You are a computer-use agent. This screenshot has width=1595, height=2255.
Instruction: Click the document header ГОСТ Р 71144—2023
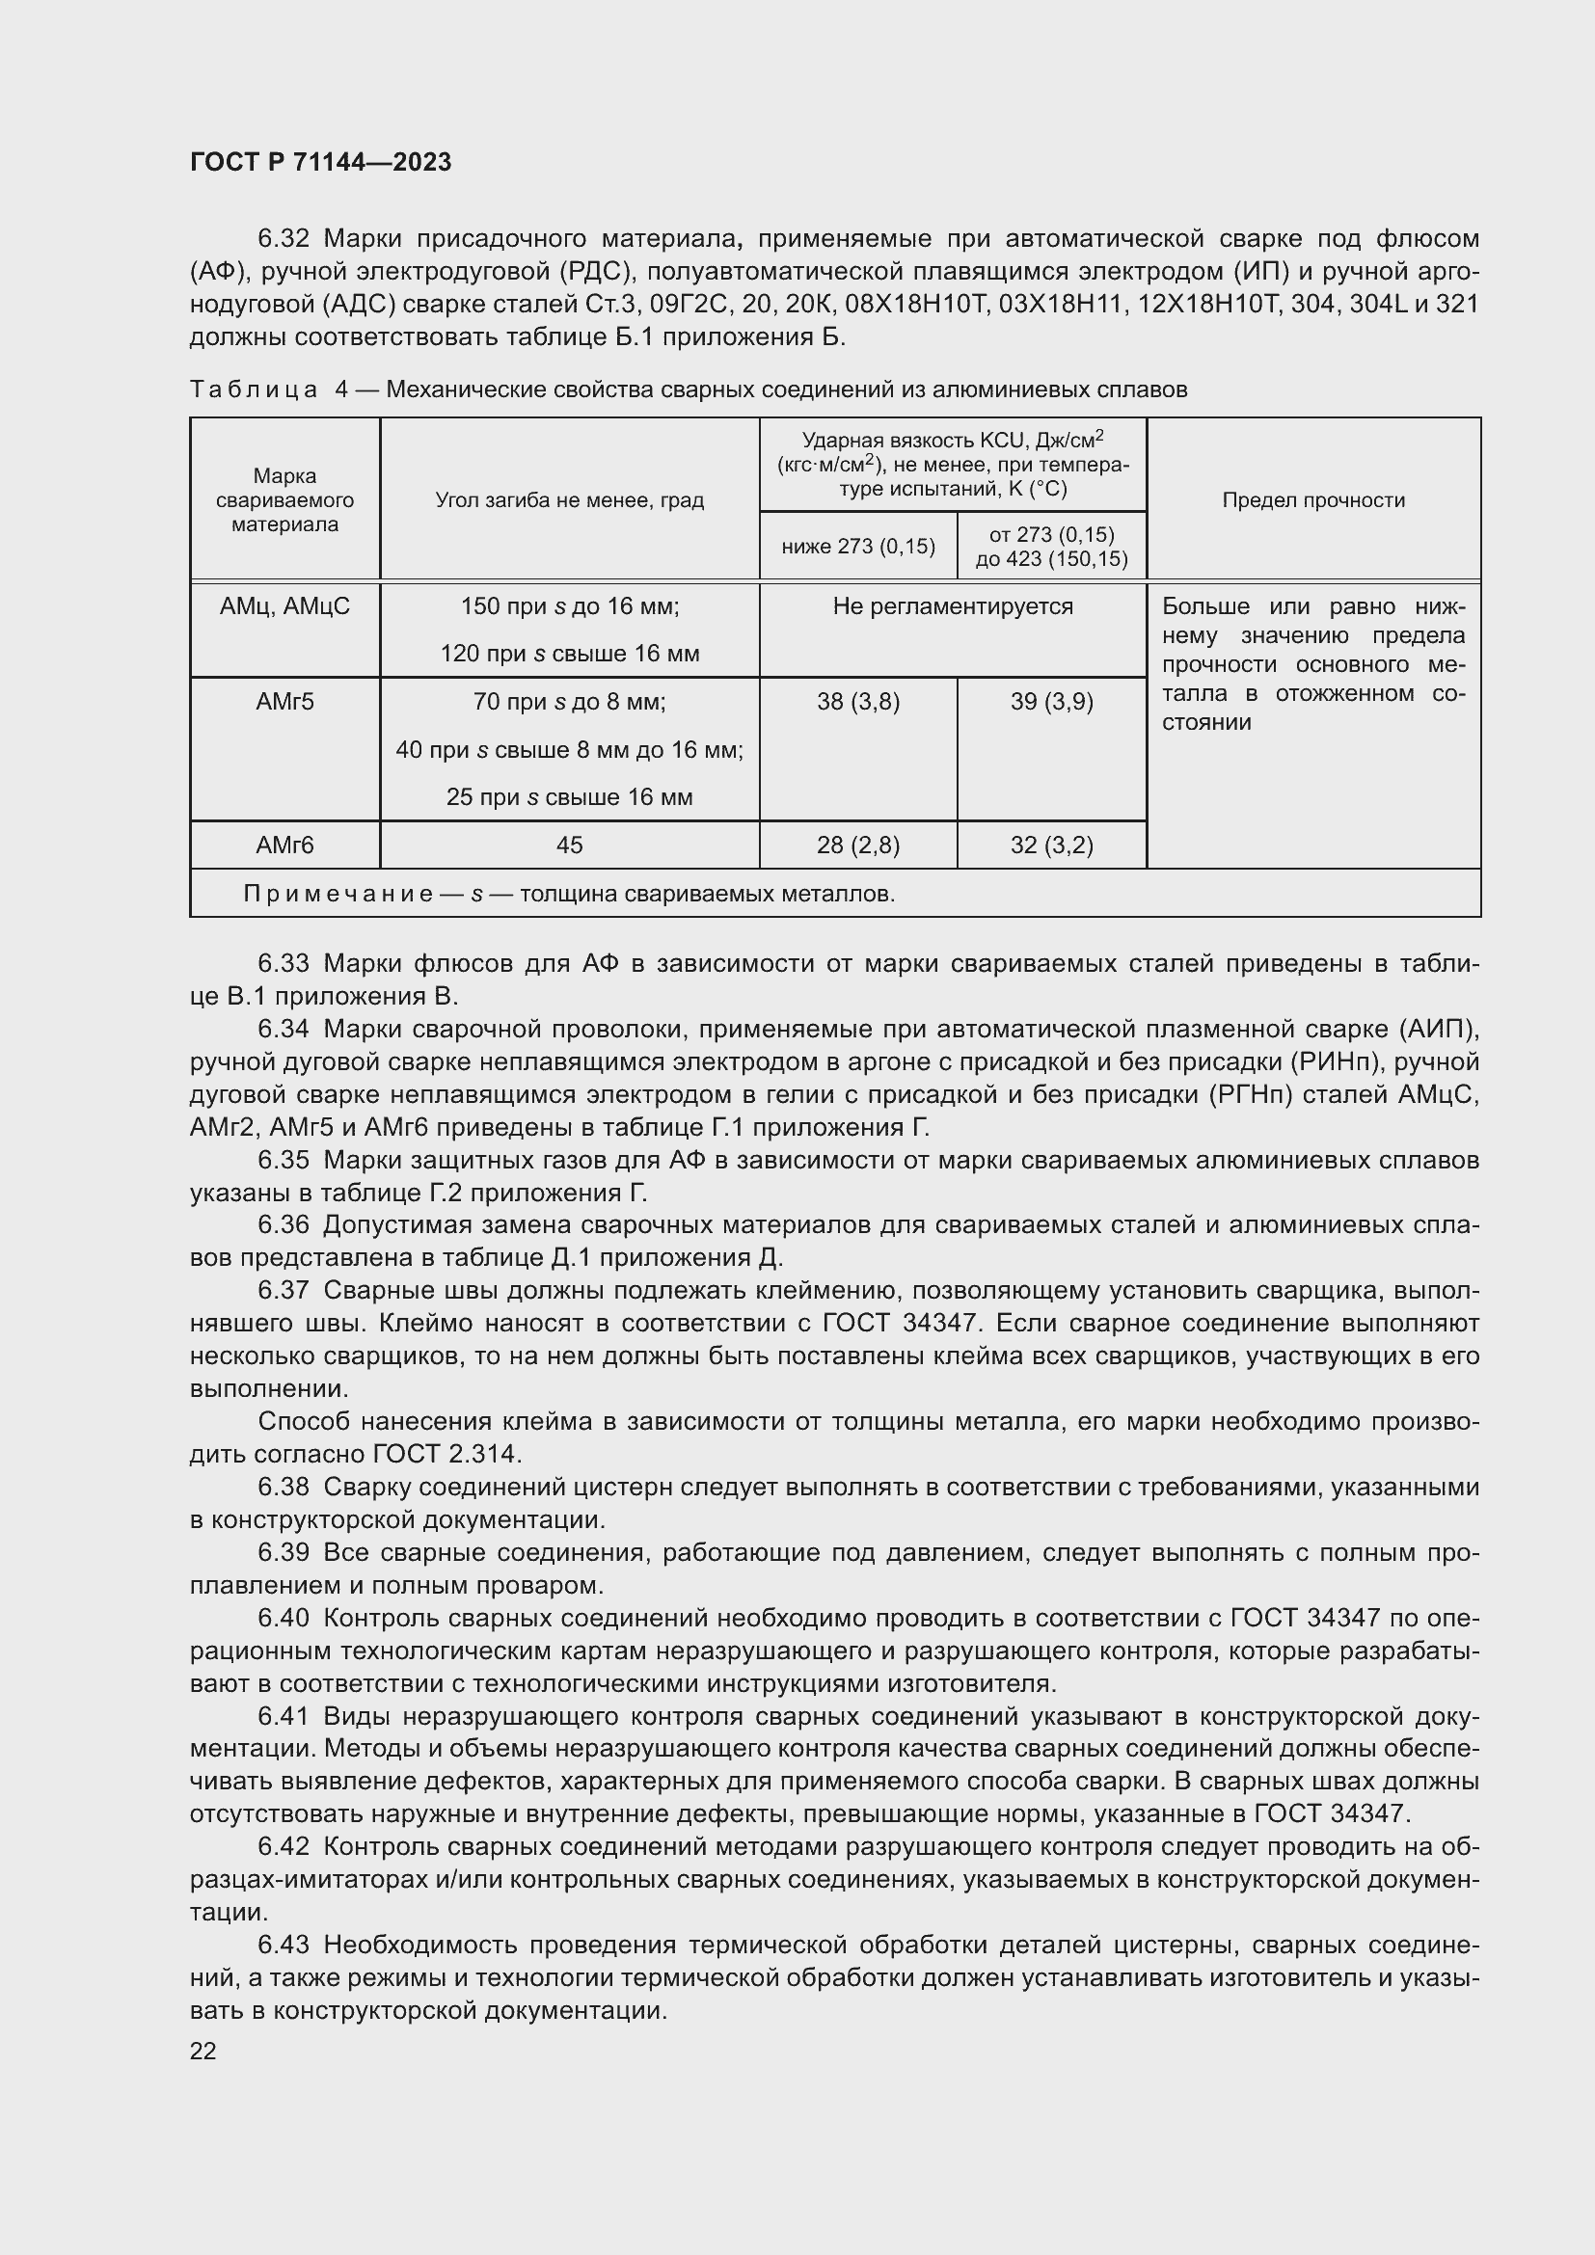(x=320, y=163)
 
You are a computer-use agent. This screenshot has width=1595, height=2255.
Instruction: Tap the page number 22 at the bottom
(x=203, y=2051)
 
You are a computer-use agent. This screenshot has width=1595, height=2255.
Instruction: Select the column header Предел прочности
(x=1312, y=500)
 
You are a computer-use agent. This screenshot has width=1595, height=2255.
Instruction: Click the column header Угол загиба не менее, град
(x=569, y=500)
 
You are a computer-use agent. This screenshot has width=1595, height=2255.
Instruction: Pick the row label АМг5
(x=284, y=701)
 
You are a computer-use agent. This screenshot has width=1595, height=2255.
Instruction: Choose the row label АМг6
(x=284, y=845)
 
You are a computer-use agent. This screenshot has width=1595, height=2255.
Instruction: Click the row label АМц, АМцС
(x=284, y=606)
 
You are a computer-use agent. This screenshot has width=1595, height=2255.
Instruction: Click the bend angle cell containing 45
(x=569, y=845)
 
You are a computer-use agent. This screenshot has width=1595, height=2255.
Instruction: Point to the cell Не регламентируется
(x=952, y=606)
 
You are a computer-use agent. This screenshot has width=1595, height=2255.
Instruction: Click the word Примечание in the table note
(x=338, y=894)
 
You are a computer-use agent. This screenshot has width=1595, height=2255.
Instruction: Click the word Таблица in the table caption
(x=254, y=389)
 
